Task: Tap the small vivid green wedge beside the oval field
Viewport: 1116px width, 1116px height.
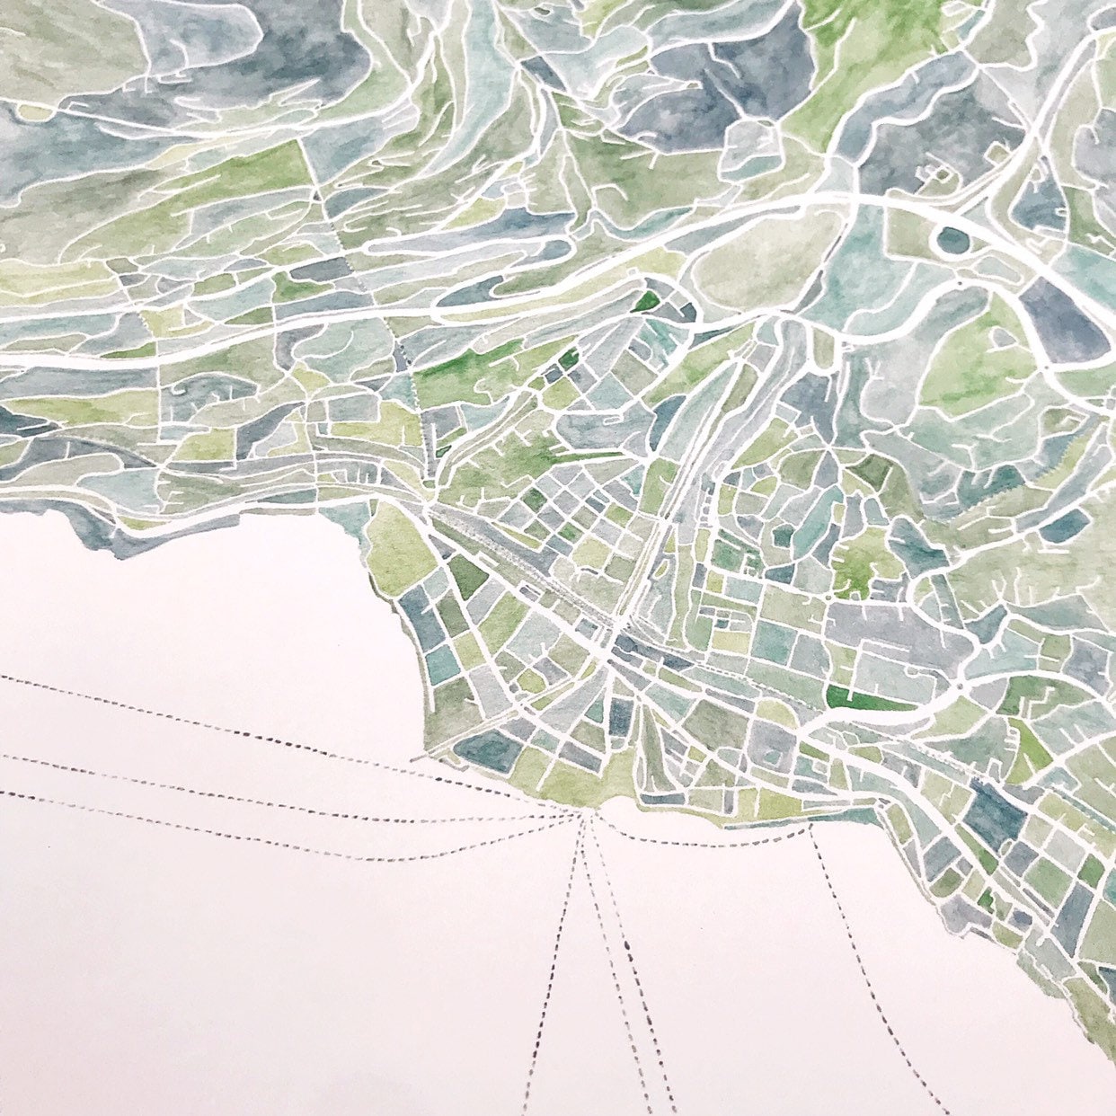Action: point(645,301)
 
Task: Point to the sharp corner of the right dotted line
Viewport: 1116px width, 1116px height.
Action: point(810,828)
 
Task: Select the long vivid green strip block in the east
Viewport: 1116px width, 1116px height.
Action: point(867,699)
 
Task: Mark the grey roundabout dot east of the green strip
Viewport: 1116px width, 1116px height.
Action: point(961,687)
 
